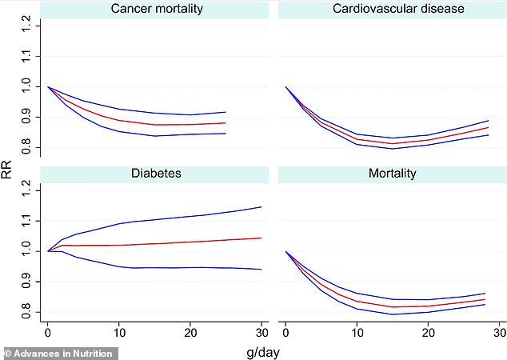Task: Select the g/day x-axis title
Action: point(265,350)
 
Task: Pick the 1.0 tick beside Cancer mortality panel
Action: point(28,86)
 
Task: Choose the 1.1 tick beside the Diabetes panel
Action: point(28,220)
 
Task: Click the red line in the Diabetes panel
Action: point(160,243)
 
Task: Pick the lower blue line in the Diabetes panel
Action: point(160,267)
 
